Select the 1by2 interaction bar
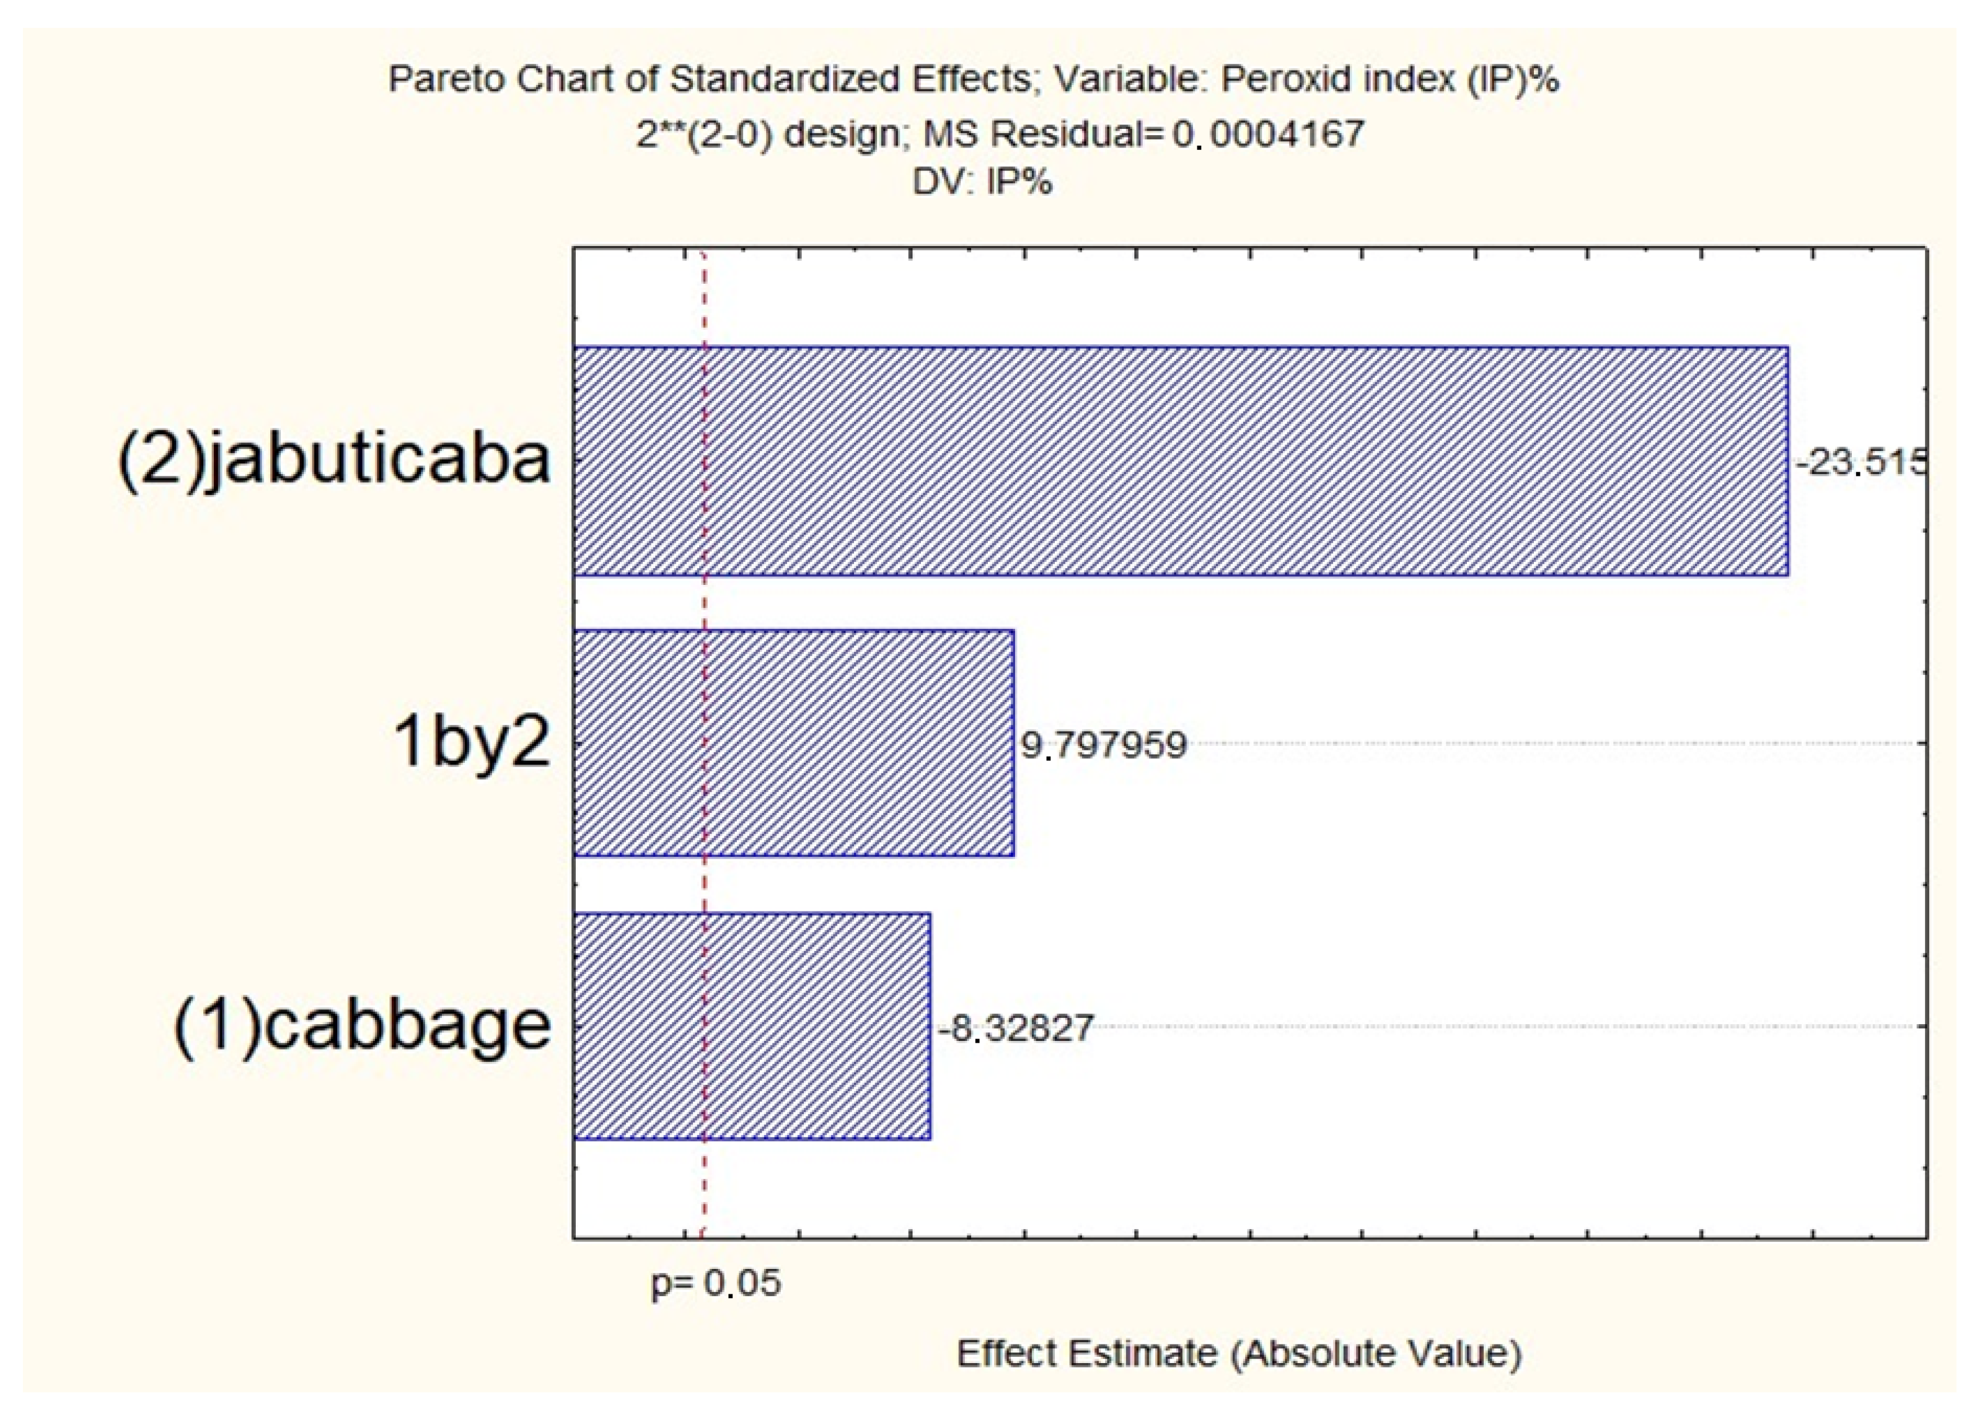(793, 744)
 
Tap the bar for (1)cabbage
(751, 1025)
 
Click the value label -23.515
(1860, 462)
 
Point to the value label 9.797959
(1104, 745)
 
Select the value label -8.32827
(1016, 1029)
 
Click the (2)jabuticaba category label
(335, 461)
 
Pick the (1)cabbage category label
(363, 1025)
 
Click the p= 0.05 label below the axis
(716, 1284)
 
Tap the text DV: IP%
(982, 182)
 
